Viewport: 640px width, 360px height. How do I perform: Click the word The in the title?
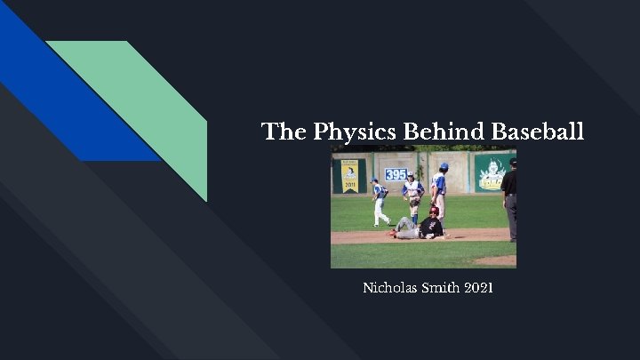pyautogui.click(x=284, y=132)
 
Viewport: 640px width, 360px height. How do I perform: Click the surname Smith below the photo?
pyautogui.click(x=442, y=289)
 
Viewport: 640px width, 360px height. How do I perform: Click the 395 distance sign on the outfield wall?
pyautogui.click(x=396, y=174)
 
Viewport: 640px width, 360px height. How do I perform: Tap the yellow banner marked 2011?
pyautogui.click(x=349, y=175)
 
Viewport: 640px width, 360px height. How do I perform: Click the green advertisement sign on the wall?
pyautogui.click(x=492, y=173)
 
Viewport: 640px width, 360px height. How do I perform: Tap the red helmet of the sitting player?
pyautogui.click(x=434, y=211)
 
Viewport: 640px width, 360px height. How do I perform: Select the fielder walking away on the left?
pyautogui.click(x=380, y=202)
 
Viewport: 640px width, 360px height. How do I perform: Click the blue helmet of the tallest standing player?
pyautogui.click(x=443, y=166)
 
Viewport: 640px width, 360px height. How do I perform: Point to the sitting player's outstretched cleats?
pyautogui.click(x=392, y=234)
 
